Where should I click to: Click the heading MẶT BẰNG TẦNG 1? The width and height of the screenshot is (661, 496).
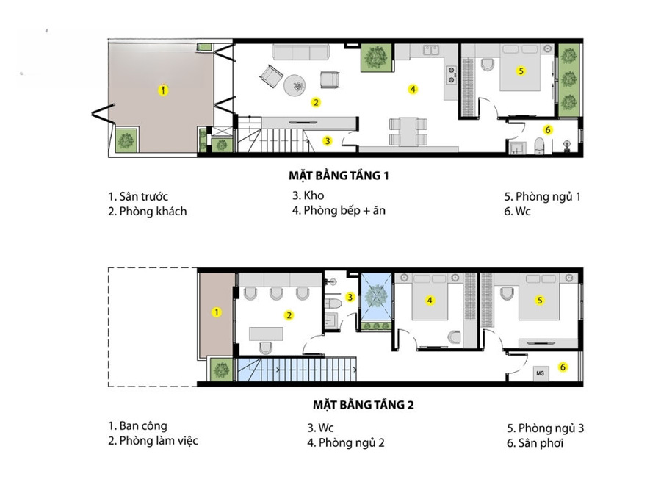339,176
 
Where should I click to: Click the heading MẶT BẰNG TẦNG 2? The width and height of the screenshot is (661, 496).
364,405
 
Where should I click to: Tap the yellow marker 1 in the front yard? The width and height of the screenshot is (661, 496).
163,90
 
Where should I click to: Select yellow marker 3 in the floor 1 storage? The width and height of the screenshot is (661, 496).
328,141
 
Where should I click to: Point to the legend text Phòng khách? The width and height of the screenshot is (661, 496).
153,212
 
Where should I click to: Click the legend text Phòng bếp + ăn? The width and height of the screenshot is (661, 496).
344,210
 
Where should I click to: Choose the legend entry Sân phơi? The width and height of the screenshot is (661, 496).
541,443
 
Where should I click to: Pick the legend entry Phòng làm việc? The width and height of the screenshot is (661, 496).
159,441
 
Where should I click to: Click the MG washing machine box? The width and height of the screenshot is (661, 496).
541,373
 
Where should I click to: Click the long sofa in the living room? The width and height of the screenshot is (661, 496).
301,52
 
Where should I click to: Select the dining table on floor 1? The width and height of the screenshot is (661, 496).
408,132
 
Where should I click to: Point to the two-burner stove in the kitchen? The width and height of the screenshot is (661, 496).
452,75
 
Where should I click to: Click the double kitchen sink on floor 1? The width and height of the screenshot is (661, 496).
431,50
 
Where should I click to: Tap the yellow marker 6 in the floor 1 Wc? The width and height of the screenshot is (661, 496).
548,130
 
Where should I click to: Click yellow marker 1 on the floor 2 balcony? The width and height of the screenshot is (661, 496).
216,312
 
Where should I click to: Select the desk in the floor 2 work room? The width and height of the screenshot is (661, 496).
267,334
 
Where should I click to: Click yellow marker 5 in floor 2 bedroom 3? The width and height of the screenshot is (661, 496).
540,301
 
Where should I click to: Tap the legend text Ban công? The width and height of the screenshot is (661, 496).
143,426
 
